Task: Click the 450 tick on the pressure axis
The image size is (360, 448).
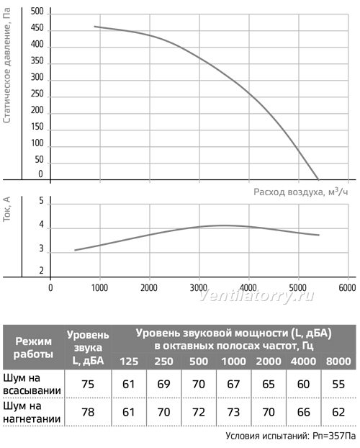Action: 37,28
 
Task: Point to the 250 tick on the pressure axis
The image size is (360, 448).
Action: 37,94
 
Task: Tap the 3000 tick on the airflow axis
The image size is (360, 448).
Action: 198,287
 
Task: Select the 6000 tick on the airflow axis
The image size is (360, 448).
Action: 348,287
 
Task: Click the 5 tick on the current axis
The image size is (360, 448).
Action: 42,201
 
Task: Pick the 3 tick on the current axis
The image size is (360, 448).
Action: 42,248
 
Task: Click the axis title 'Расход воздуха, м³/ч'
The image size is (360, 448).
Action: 301,192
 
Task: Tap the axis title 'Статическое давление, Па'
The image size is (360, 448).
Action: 7,65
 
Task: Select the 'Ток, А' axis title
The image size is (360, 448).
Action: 6,209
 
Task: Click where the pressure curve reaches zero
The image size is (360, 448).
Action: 318,179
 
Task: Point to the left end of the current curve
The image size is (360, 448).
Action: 75,250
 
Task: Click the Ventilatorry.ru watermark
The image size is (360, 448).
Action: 256,296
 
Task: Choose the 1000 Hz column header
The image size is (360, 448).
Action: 234,362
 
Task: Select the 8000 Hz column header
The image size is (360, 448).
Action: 338,362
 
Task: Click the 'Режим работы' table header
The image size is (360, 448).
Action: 33,347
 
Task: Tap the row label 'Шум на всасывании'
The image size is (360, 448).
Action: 32,385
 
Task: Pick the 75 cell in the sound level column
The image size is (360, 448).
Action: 88,385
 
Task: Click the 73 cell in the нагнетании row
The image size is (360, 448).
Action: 233,412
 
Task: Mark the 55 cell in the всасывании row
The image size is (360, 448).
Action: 338,385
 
